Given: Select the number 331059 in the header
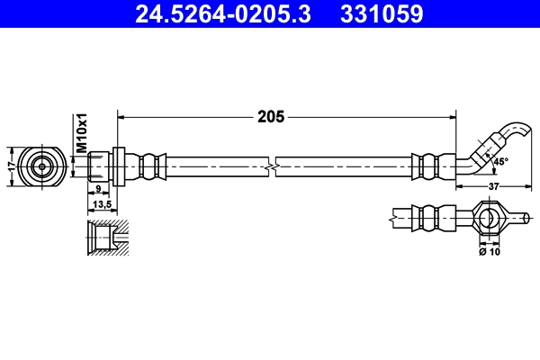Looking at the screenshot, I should [381, 14].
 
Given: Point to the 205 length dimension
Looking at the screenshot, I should [271, 116].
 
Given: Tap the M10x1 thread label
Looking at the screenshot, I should [80, 132].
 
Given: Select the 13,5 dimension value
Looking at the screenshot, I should [101, 205].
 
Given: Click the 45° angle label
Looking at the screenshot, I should [499, 161].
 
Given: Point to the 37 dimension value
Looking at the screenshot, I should [493, 186].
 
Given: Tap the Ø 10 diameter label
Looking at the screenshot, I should [490, 252].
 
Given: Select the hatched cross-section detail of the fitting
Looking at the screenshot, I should [106, 239].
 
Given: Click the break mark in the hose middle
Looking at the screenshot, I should [271, 166].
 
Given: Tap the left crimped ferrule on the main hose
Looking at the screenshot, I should [151, 166].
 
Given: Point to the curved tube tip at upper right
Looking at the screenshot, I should [520, 132].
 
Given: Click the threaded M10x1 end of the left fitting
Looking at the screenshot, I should [97, 166].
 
